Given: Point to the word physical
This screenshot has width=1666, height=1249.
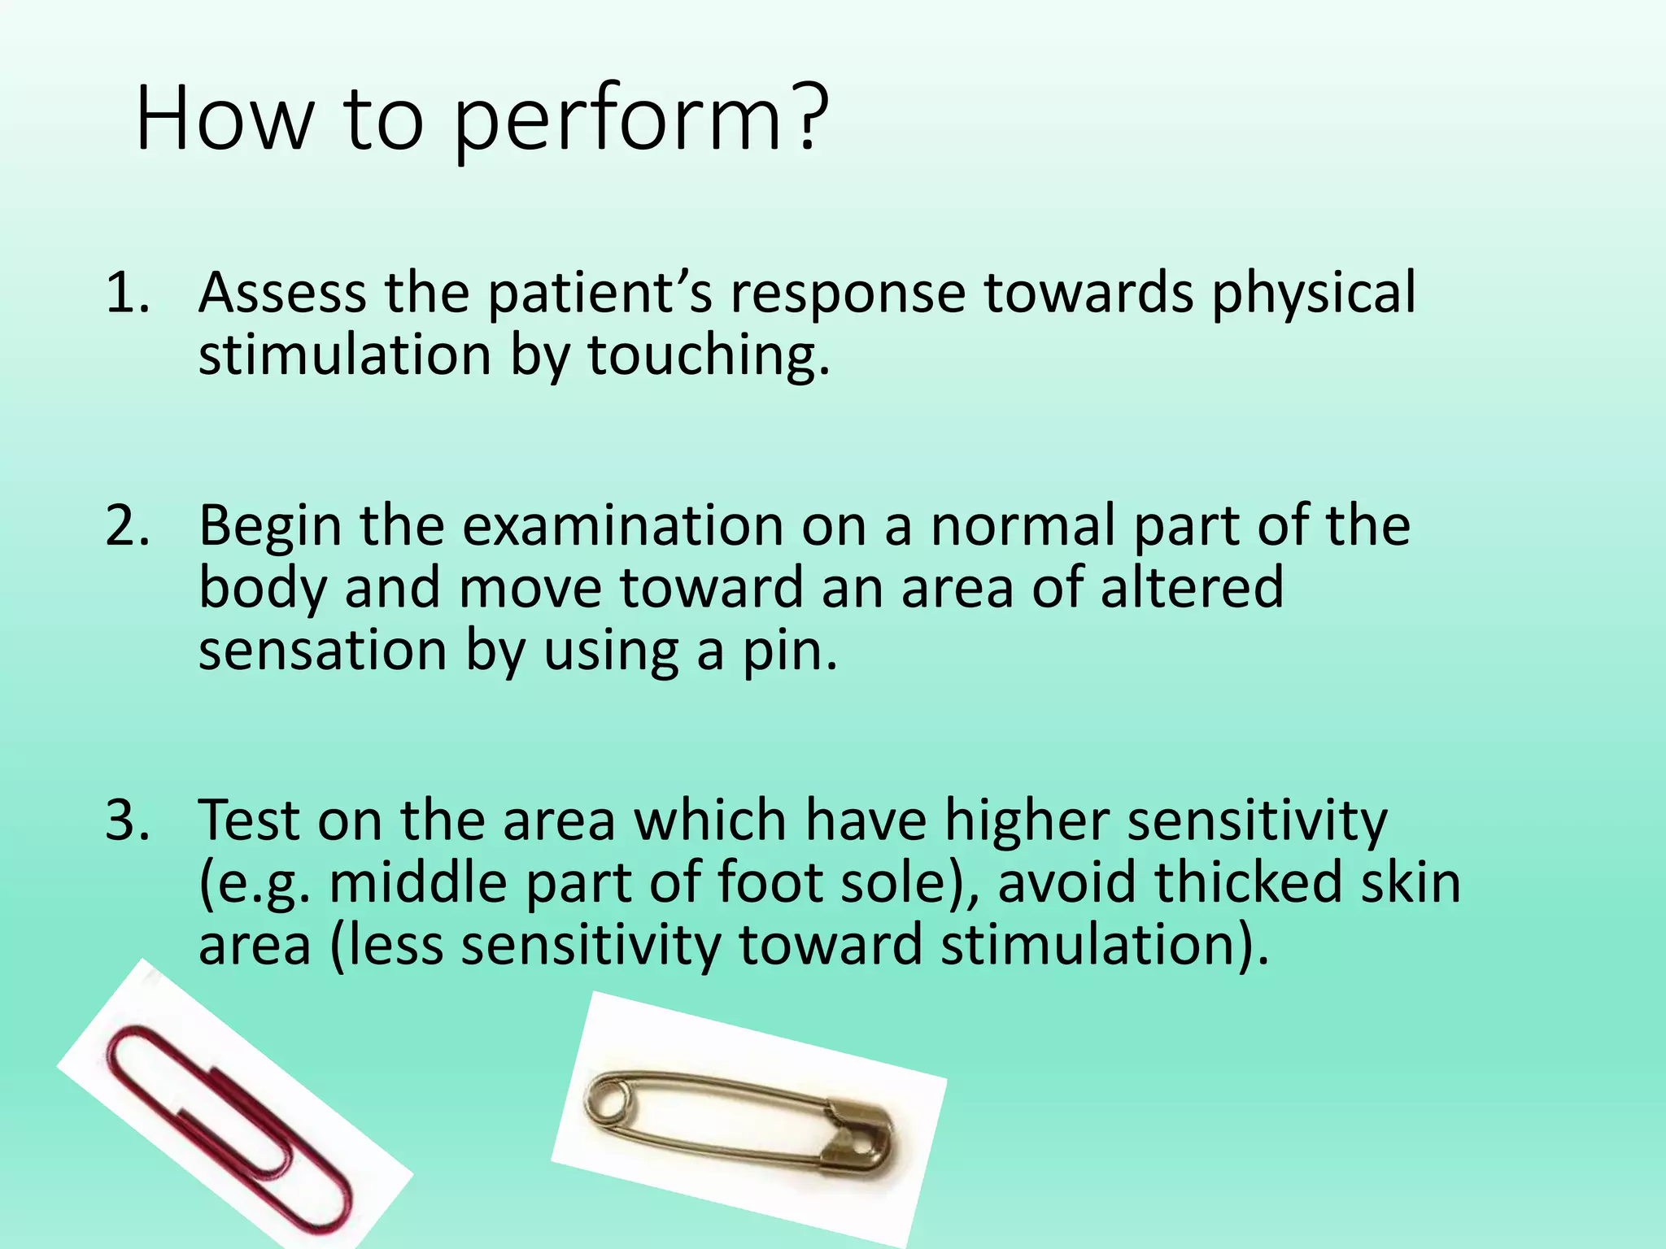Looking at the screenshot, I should pyautogui.click(x=1313, y=294).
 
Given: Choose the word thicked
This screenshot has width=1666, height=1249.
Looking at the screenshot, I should pyautogui.click(x=1249, y=882).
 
